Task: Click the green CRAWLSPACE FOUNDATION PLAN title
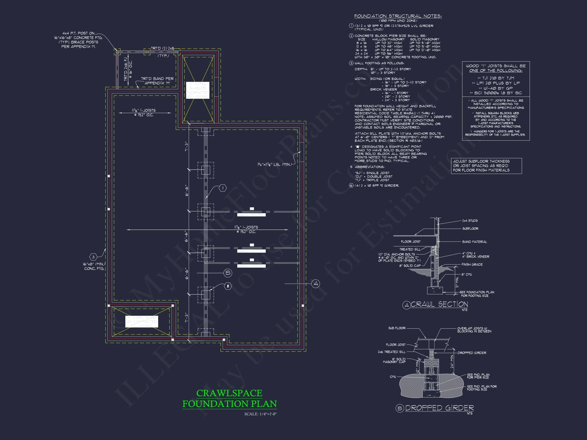tap(229, 398)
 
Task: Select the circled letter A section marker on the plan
tap(315, 284)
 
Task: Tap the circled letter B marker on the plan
tap(228, 273)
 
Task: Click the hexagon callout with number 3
tap(93, 257)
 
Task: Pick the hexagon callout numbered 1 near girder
tap(223, 188)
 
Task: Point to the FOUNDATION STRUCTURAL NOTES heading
tap(398, 16)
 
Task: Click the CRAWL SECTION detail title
tap(439, 304)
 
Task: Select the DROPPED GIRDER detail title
tap(439, 408)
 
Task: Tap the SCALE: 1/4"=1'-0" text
tap(260, 414)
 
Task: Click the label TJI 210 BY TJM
tap(496, 78)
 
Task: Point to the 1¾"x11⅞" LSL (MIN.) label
tap(274, 164)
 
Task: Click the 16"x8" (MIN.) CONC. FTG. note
tap(94, 266)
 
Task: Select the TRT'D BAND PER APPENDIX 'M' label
tap(157, 81)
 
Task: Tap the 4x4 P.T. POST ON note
tap(78, 33)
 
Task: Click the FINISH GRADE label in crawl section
tap(472, 264)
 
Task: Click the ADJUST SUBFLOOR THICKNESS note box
tap(486, 166)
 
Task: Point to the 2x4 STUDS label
tap(470, 221)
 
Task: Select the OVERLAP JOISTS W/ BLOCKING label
tap(474, 330)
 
